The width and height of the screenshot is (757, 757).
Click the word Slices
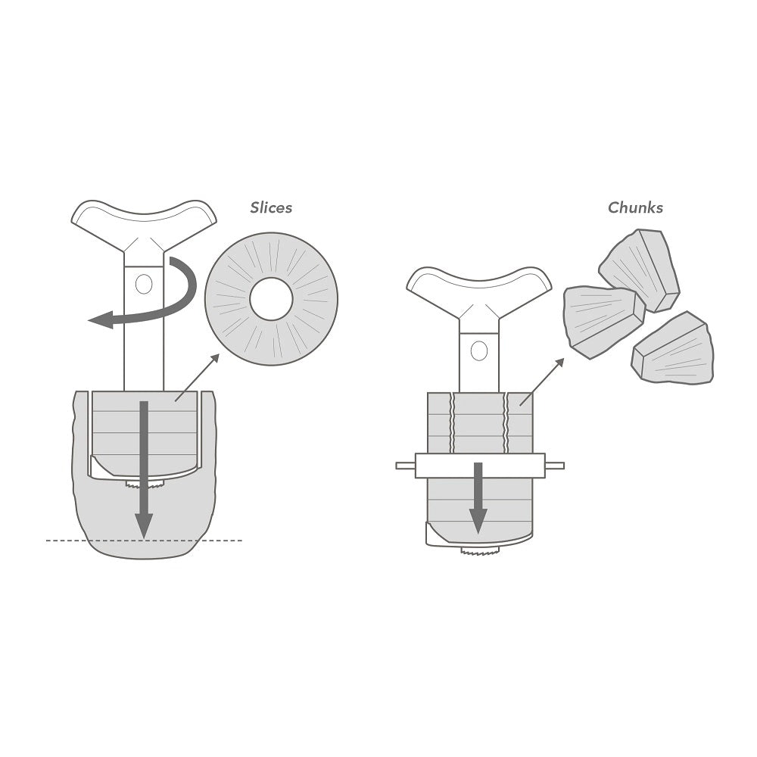pyautogui.click(x=271, y=207)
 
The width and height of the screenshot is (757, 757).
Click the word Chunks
pyautogui.click(x=635, y=207)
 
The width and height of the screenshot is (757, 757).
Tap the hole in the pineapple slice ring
pyautogui.click(x=271, y=299)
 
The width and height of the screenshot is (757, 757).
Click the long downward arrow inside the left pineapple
pyautogui.click(x=143, y=469)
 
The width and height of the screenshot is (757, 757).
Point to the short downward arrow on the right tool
pyautogui.click(x=478, y=497)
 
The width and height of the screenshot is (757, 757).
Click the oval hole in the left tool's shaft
pyautogui.click(x=144, y=284)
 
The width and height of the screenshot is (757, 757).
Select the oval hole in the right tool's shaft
pyautogui.click(x=479, y=350)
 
